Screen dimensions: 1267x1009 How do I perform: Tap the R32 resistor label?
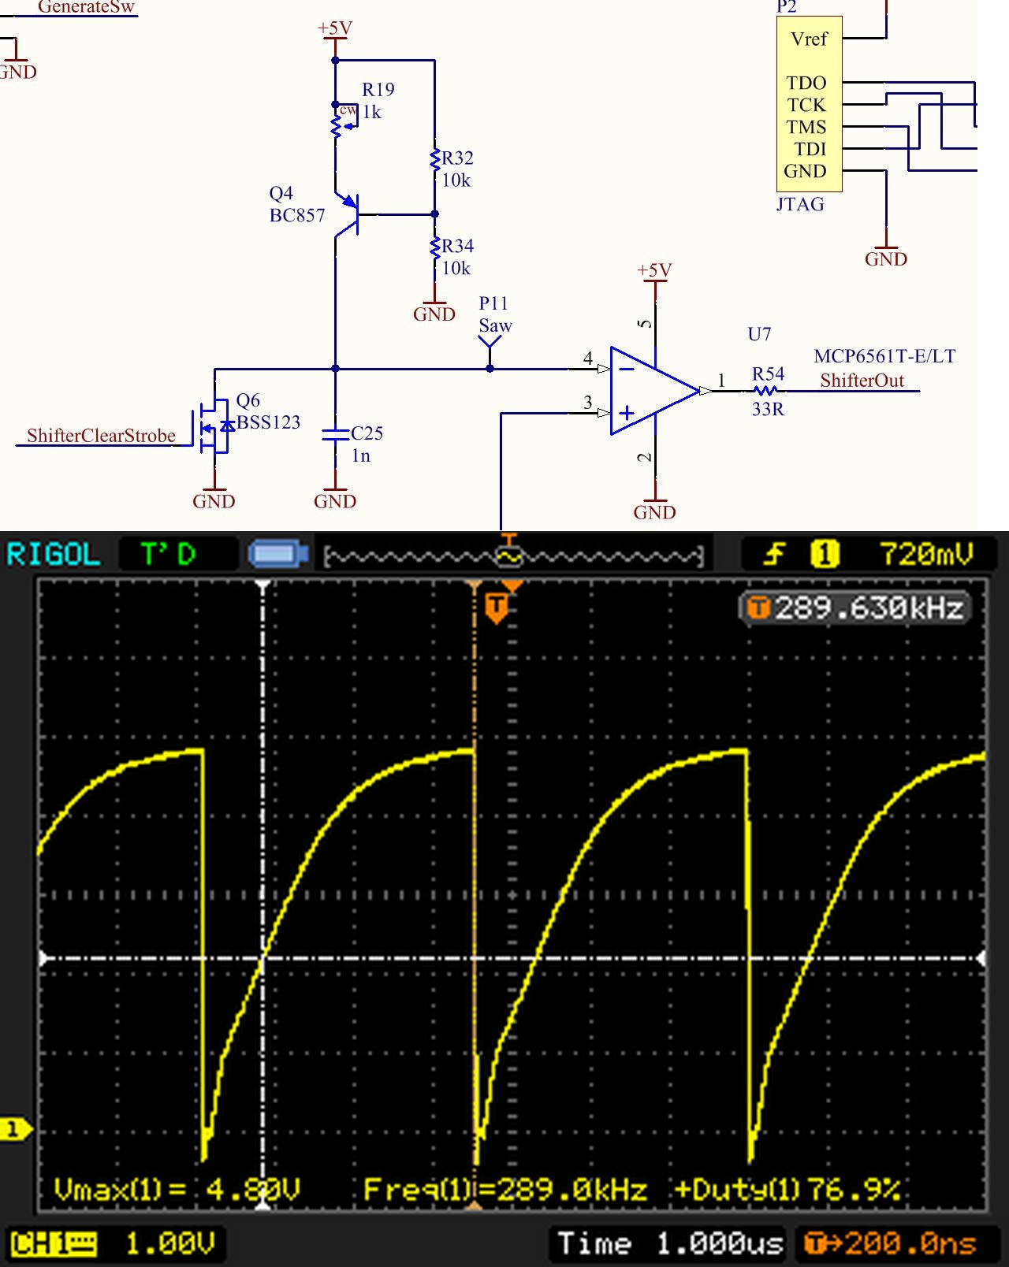click(x=457, y=158)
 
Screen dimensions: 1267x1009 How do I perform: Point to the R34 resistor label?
click(x=457, y=247)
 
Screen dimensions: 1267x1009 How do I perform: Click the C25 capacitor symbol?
click(x=336, y=434)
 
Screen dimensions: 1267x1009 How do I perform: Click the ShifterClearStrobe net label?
click(x=101, y=436)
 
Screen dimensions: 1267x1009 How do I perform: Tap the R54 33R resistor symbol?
click(x=766, y=391)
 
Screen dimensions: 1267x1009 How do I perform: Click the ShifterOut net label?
click(x=862, y=381)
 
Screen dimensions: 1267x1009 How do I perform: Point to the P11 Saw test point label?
click(x=495, y=315)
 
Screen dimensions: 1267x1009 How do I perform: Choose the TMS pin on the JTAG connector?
click(x=806, y=127)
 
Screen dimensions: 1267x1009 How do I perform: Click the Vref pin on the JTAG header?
click(x=809, y=39)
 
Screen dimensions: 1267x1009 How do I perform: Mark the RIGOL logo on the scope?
click(x=54, y=555)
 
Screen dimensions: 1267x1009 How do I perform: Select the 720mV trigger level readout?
click(x=926, y=554)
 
